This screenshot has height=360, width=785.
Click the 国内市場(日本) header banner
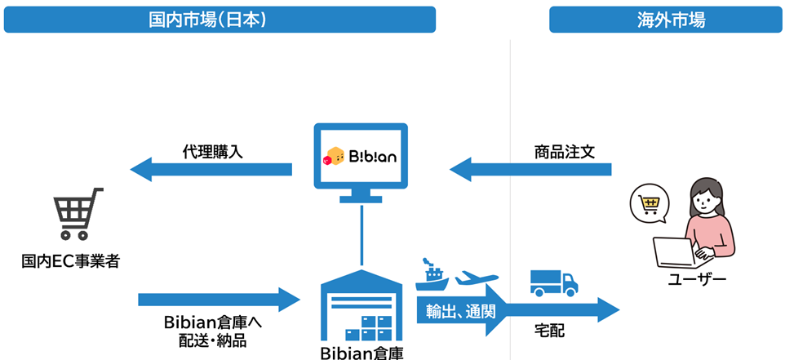point(220,20)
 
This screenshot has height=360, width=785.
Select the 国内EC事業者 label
point(70,262)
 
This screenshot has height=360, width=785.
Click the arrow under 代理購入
point(211,170)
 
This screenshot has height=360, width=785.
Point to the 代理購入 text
point(212,151)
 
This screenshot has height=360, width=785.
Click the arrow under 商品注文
point(530,170)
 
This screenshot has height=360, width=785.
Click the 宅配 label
point(549,331)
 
